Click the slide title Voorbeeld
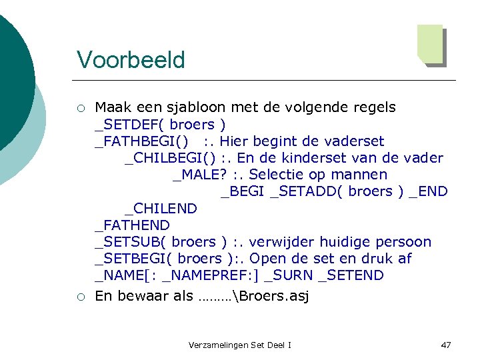pyautogui.click(x=131, y=60)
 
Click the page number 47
pyautogui.click(x=446, y=345)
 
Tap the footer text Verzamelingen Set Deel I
pyautogui.click(x=240, y=345)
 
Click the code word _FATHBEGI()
pyautogui.click(x=142, y=141)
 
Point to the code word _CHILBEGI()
pyautogui.click(x=170, y=158)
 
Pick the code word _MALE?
pyautogui.click(x=195, y=175)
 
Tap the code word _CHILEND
pyautogui.click(x=161, y=209)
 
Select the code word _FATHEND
pyautogui.click(x=133, y=225)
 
